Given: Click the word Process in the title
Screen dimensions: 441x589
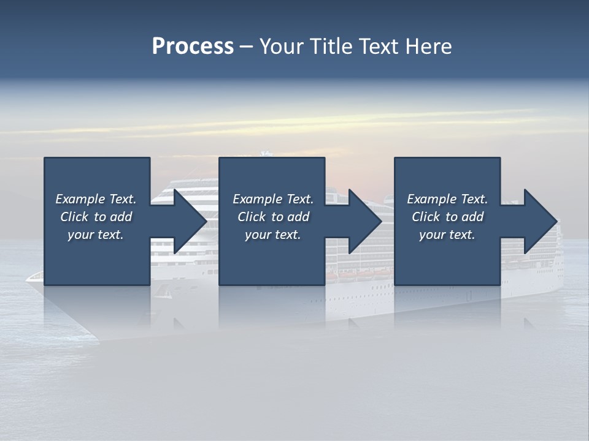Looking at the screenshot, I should tap(193, 47).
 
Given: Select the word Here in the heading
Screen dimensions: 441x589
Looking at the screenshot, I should tap(429, 47).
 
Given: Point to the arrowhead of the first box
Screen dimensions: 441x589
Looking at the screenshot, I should tap(190, 221).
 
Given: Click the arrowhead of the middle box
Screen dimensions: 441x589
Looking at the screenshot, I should tap(365, 221).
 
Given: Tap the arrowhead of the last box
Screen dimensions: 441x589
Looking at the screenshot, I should tap(541, 221).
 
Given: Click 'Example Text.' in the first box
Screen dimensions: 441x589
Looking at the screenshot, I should tap(96, 199).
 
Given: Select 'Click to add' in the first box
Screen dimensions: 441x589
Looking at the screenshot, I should tap(96, 217).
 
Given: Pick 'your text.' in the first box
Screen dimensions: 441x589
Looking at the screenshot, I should tap(96, 235).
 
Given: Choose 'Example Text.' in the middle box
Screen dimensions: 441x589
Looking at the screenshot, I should tap(273, 199).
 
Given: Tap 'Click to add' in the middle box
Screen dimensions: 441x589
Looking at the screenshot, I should tap(273, 217).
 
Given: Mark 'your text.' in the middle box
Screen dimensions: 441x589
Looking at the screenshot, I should tap(273, 235).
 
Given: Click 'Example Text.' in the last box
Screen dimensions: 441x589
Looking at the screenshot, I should tap(447, 199).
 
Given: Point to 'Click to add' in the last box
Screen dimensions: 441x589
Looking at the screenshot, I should tap(447, 217).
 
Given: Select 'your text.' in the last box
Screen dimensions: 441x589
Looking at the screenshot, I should tap(447, 235).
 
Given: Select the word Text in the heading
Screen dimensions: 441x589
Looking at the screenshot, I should tap(379, 47).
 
